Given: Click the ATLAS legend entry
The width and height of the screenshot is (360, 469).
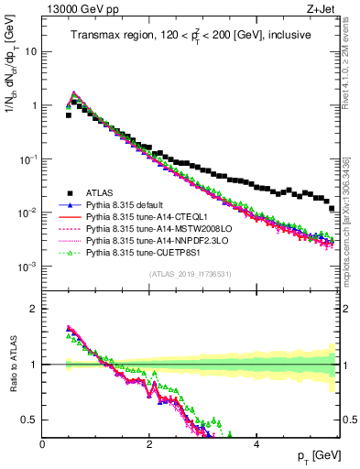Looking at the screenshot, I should coord(101,192).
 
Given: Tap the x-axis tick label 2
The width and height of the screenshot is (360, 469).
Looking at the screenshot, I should coord(149,443).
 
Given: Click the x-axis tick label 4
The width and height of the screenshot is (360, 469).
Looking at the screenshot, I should coord(256,443).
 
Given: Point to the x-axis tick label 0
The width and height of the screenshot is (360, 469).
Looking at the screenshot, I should coord(42,443).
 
